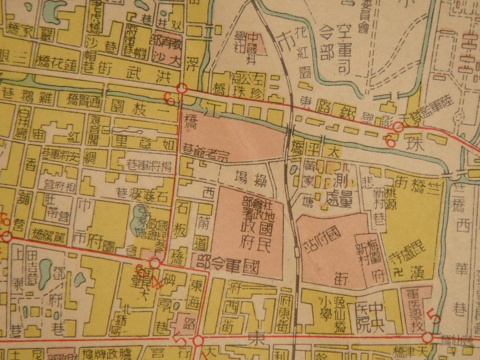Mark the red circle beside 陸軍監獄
pos(398,127)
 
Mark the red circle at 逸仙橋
pos(427,338)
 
